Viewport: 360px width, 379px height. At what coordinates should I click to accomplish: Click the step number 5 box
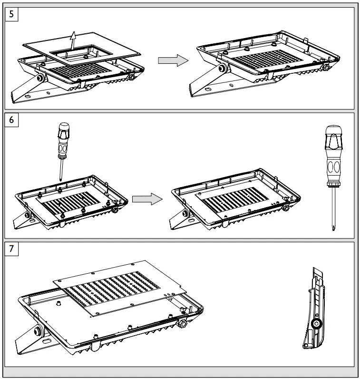[x=11, y=14]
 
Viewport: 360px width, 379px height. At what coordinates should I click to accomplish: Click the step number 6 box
[x=11, y=120]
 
